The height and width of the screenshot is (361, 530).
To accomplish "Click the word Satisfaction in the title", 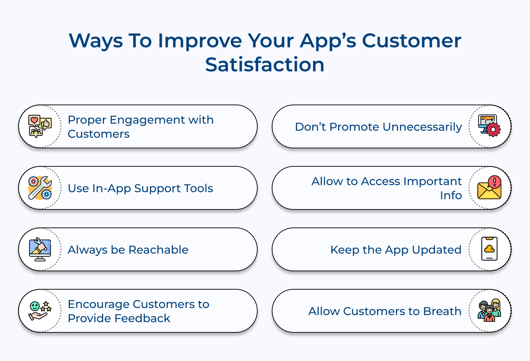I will tap(265, 65).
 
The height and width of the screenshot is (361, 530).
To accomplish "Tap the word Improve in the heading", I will tap(200, 41).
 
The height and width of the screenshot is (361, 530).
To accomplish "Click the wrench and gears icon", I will tap(40, 188).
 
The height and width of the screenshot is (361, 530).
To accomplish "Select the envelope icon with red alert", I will tap(489, 188).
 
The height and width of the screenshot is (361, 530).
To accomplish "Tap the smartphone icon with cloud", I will tap(489, 249).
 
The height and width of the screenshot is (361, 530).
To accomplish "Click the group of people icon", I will tap(489, 310).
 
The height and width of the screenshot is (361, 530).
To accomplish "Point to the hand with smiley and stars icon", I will tap(40, 310).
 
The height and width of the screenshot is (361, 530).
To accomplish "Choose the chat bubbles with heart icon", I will tap(40, 126).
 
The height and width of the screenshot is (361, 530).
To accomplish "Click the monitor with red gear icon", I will tap(489, 126).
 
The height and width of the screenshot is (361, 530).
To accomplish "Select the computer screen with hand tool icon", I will tap(40, 249).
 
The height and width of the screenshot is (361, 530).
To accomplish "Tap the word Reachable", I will tap(158, 250).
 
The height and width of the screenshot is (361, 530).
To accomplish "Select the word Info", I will tap(451, 195).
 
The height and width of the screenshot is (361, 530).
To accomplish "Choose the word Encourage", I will tap(99, 304).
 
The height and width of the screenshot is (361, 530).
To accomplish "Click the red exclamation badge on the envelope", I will tap(495, 182).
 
